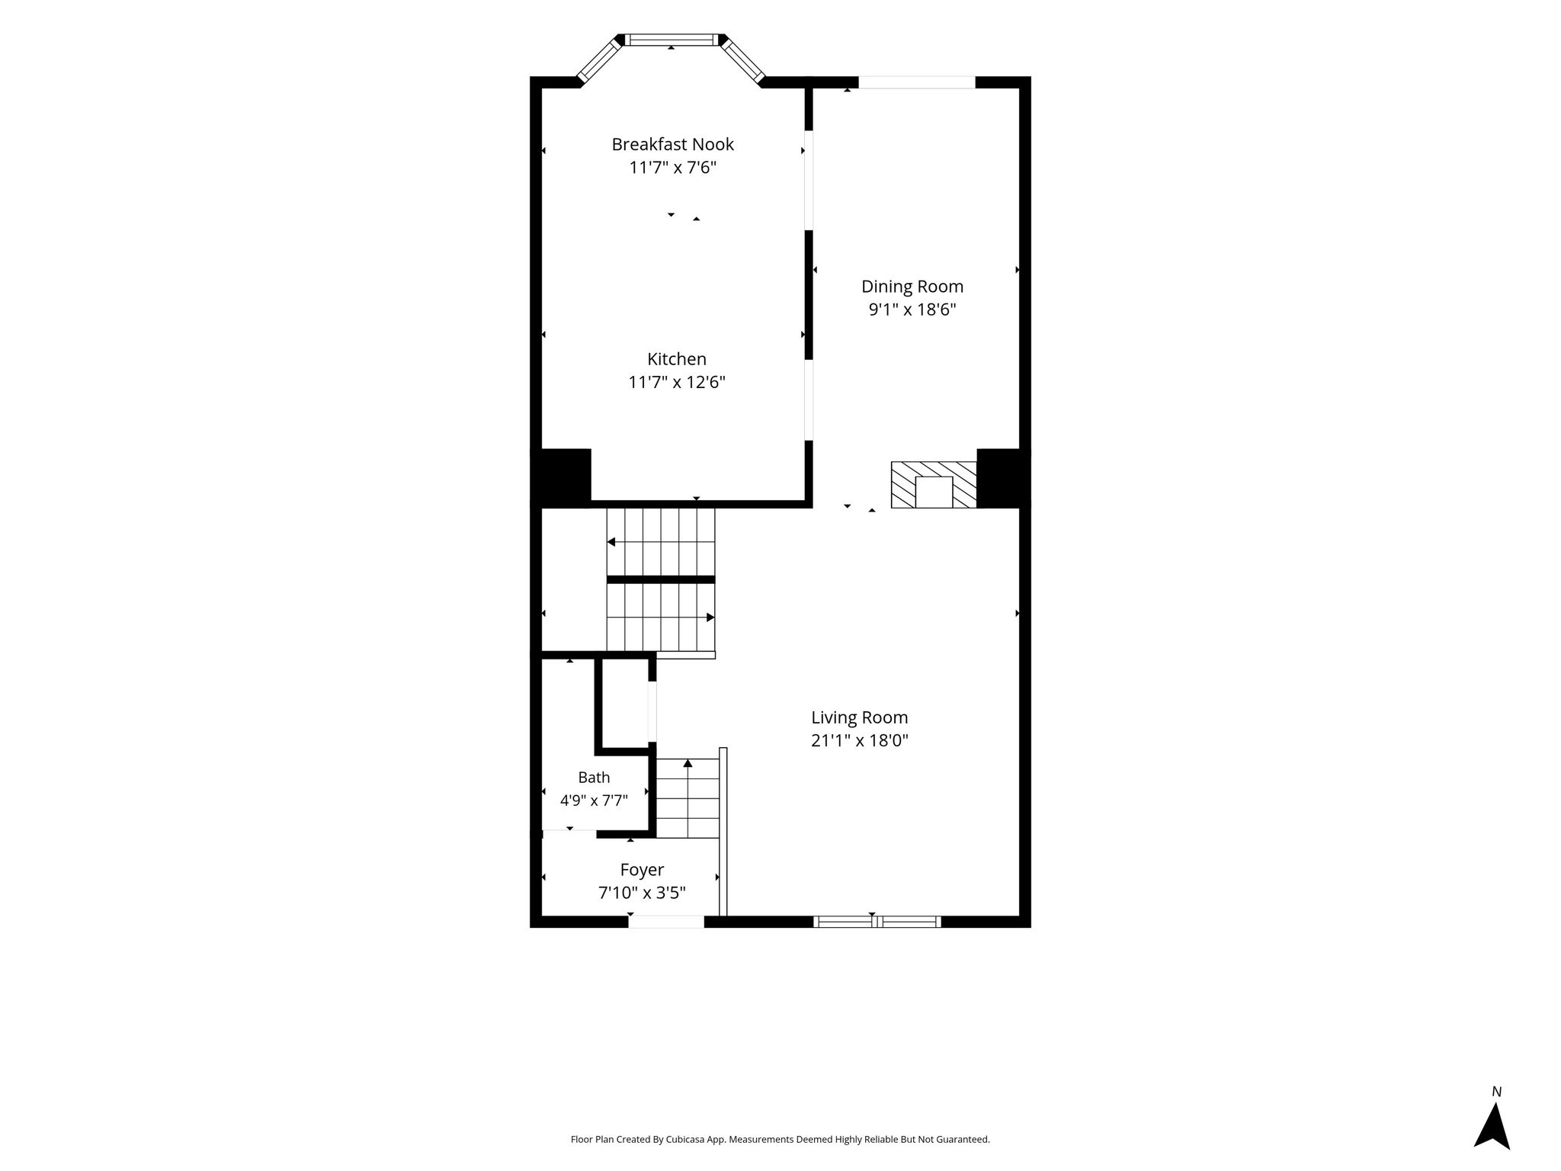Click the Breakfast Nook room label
coord(673,144)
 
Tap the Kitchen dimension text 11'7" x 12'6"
coord(677,382)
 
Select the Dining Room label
coord(912,287)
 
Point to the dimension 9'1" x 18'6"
coord(912,310)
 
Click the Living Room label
coord(860,717)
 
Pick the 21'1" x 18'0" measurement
coord(860,740)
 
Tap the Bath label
coord(594,778)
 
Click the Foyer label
coord(642,870)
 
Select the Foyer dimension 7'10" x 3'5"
coord(642,893)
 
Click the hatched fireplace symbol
coord(934,485)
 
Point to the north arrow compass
coord(1492,1126)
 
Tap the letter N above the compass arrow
coord(1496,1092)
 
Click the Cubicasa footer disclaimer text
coord(780,1140)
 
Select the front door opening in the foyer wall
coord(666,922)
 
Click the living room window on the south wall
coord(877,922)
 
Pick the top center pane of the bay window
coord(672,40)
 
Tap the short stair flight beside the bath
coord(688,798)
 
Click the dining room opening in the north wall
coord(917,82)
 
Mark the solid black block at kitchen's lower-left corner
coord(561,478)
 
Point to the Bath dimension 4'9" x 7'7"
coord(594,800)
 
